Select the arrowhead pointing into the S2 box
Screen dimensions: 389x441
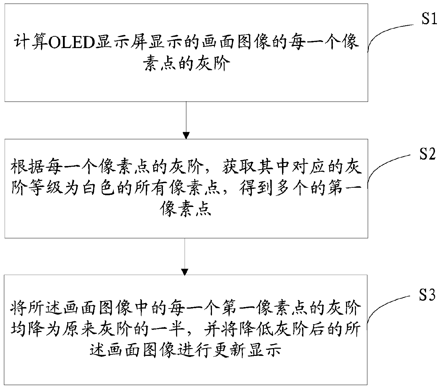[186, 135]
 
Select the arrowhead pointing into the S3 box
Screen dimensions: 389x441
[186, 271]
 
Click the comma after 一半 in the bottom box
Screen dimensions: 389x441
[191, 333]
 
